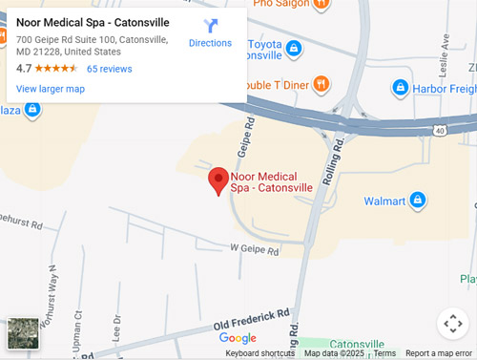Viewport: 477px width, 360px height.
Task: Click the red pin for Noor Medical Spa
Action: click(x=218, y=179)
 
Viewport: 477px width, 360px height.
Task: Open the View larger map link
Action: click(x=51, y=89)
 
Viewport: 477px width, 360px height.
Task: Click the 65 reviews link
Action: click(x=109, y=69)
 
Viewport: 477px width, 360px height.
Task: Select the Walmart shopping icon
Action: click(x=417, y=201)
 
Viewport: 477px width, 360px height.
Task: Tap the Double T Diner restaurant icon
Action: click(x=321, y=84)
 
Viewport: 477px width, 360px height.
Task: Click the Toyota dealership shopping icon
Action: click(x=294, y=48)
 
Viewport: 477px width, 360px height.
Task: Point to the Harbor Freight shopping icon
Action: click(x=402, y=88)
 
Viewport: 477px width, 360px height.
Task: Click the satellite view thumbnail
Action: click(x=23, y=333)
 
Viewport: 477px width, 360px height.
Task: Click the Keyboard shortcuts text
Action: click(x=259, y=353)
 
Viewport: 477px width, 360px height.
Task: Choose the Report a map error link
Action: click(x=438, y=353)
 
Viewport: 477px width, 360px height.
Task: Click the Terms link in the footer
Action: click(x=384, y=353)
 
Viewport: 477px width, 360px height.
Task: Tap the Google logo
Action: click(x=238, y=338)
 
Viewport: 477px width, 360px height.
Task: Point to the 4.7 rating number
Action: click(x=24, y=69)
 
